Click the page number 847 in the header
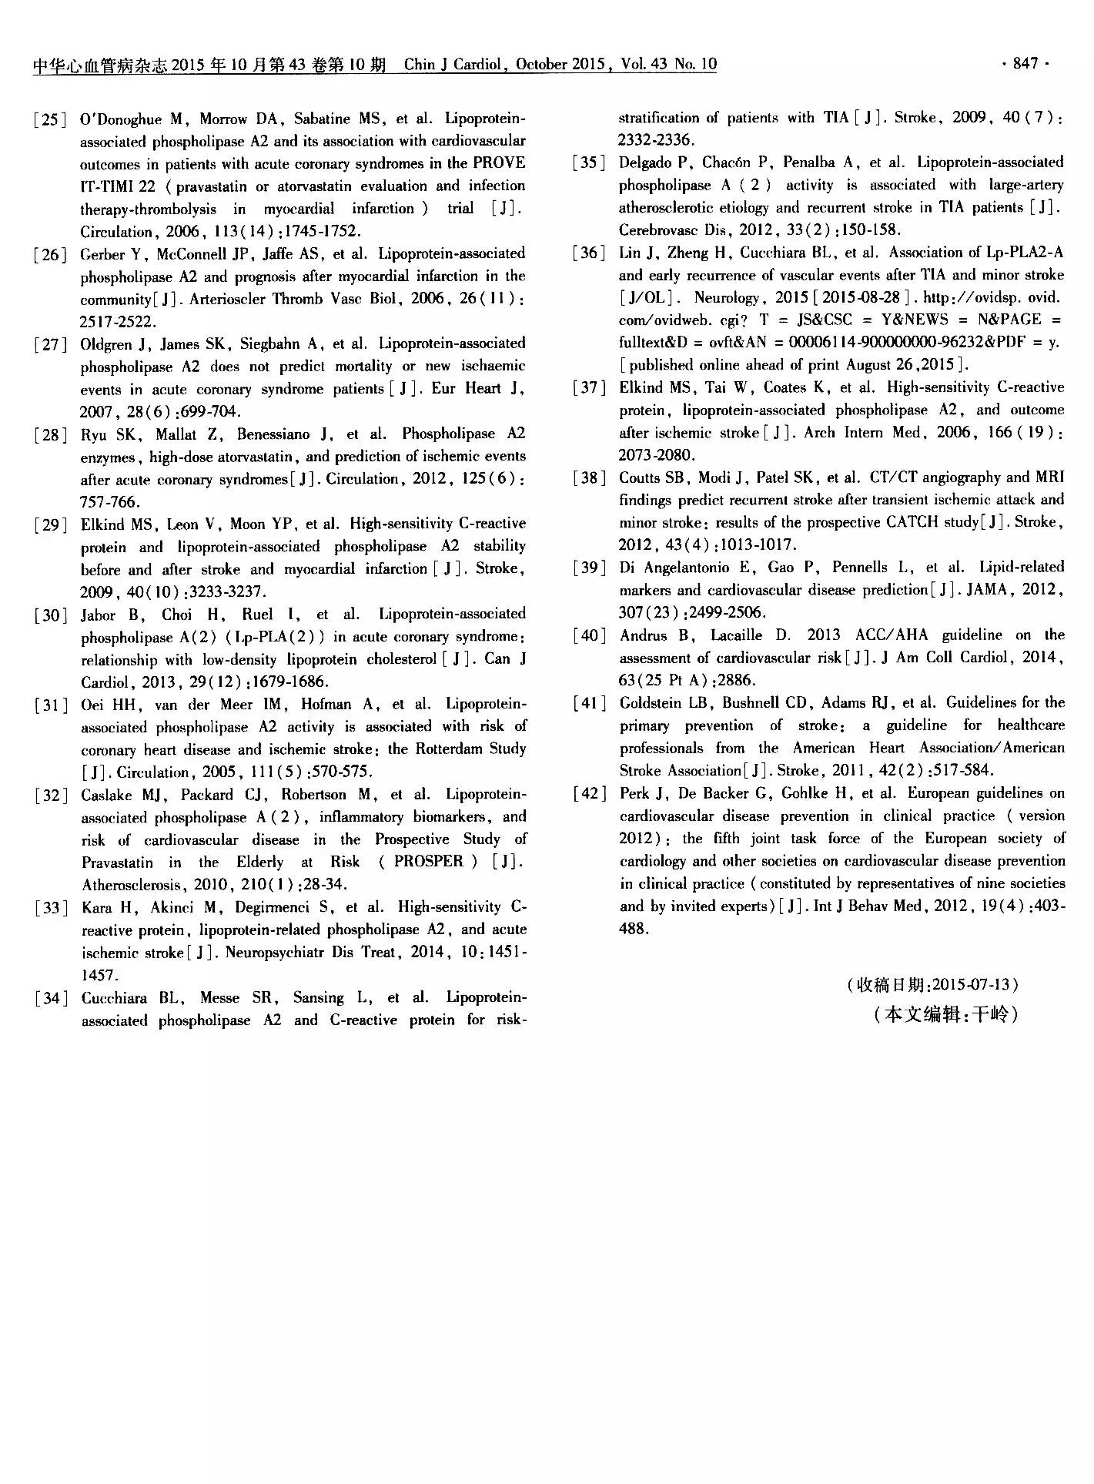tap(1025, 64)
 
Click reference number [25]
tap(49, 119)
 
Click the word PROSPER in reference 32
tap(429, 861)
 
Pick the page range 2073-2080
tap(657, 455)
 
